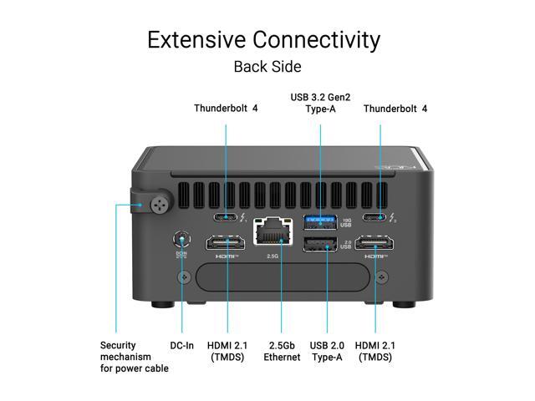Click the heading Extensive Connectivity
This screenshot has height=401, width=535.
(x=263, y=39)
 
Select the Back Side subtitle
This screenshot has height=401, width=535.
(x=267, y=66)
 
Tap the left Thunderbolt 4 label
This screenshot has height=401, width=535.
(x=227, y=109)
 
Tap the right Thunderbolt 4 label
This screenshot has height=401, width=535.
(x=395, y=109)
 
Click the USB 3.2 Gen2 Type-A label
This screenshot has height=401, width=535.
(x=321, y=104)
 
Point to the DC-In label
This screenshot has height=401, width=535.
(x=182, y=345)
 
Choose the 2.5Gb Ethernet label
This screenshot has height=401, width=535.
(x=282, y=351)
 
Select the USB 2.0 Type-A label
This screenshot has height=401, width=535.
(x=329, y=351)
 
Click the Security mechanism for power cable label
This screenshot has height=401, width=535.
(x=134, y=357)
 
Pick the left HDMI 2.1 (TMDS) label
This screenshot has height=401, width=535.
(x=227, y=351)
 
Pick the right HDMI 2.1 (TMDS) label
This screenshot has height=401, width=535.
(x=375, y=351)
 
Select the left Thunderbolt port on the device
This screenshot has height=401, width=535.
(x=226, y=219)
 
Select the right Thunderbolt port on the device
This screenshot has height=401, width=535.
(x=381, y=219)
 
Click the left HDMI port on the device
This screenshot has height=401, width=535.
(x=226, y=244)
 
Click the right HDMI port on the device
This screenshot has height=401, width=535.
(x=375, y=244)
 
